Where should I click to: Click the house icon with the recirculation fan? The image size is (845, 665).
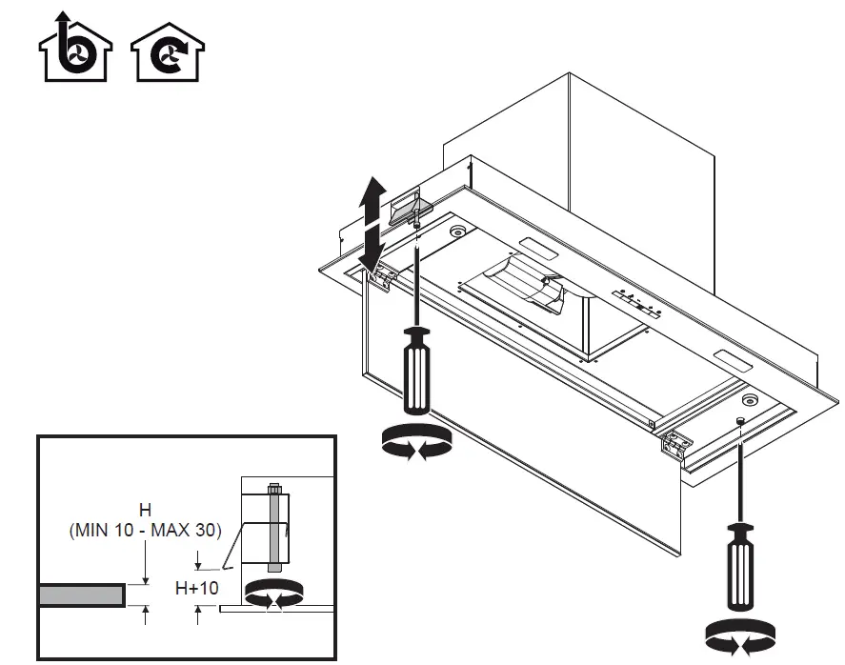coord(168,54)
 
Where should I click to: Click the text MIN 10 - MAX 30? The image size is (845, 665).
coord(145,531)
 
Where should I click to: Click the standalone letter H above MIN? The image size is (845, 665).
coord(145,511)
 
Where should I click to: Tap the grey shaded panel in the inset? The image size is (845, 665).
coord(81,594)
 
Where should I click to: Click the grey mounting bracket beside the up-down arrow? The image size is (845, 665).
coord(410,204)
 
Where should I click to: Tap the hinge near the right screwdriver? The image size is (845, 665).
coord(677,442)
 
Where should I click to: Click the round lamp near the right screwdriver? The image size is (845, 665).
coord(752,400)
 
